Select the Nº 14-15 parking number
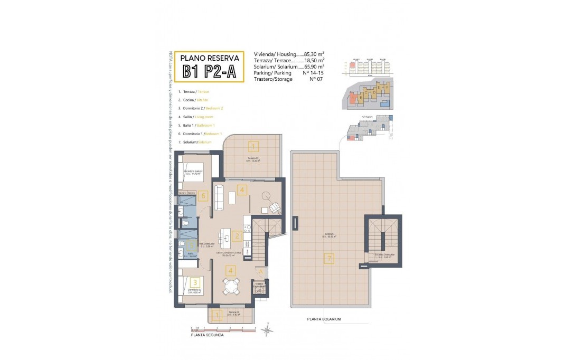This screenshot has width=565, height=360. pos(313,73)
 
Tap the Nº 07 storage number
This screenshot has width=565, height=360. pos(315,79)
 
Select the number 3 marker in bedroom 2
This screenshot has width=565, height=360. pos(195,282)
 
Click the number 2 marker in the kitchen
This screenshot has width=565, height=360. pos(237,236)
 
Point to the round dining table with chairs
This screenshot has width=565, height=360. pos(231,287)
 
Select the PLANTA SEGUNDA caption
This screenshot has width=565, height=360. pos(206,335)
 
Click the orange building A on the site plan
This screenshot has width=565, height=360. pos(353,98)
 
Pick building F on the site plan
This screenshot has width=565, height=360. pos(387,87)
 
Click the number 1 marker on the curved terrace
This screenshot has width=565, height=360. pos(253,147)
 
